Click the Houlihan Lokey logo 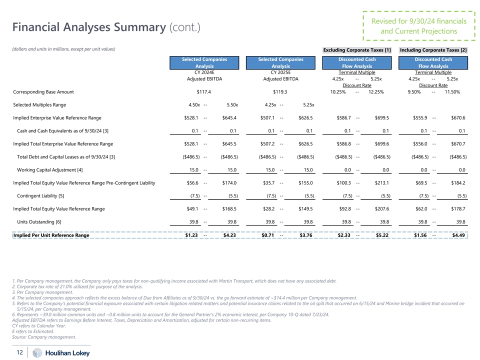pos(54,353)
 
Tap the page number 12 pos(19,352)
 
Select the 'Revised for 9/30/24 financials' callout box pos(419,26)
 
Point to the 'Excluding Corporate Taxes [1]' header pos(357,50)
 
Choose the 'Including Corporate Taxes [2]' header pos(433,50)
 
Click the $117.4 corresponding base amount pos(204,92)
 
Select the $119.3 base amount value pos(280,92)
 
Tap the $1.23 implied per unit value pos(191,235)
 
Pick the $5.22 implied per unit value pos(382,235)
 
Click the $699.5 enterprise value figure pos(382,118)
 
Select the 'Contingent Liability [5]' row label pos(41,195)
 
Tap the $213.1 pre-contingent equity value pos(382,183)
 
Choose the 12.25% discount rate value pos(375,92)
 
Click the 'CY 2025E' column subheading pos(280,72)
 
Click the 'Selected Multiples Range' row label pos(39,105)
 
